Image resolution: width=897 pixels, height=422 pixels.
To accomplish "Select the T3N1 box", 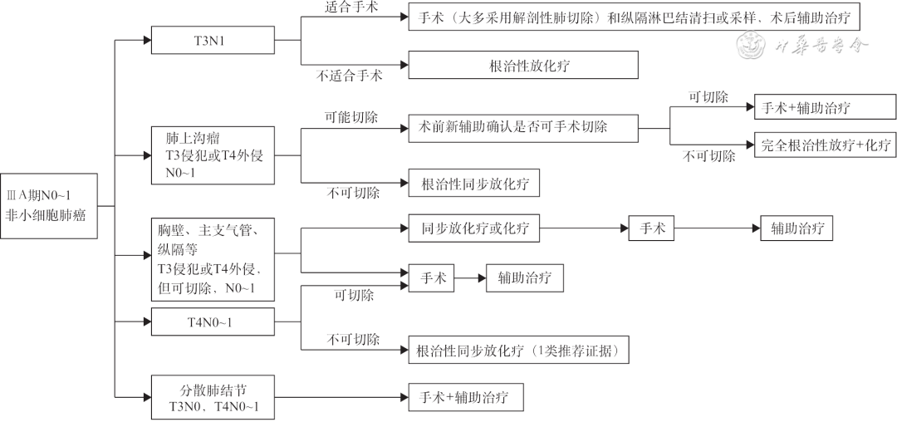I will click(x=213, y=39).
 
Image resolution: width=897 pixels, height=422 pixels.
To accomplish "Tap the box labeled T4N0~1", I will click(x=212, y=321).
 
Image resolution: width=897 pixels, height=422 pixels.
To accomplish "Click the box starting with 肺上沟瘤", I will click(x=213, y=155).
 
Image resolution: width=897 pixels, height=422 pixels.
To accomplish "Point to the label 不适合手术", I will click(x=349, y=76).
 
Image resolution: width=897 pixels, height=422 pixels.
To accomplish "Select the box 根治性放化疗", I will click(x=522, y=65).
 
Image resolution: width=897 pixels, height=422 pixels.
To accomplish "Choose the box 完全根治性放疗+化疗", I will click(x=825, y=145).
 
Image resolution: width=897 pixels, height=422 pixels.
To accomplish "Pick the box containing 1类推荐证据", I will click(x=518, y=350).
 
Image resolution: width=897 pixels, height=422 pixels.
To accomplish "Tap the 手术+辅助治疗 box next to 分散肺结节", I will click(x=466, y=397).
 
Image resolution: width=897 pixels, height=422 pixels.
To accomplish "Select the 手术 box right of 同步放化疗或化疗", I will click(x=652, y=228).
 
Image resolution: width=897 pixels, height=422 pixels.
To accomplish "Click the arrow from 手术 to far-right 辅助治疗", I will click(x=718, y=228).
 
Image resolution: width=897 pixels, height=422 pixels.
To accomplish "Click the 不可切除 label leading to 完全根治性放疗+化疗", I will click(x=708, y=157).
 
